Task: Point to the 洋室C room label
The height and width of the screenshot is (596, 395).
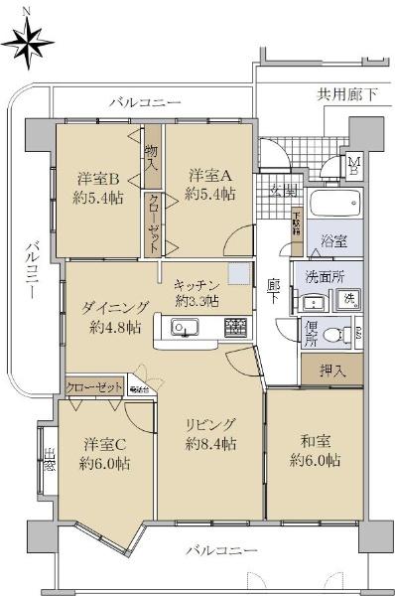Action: tap(103, 452)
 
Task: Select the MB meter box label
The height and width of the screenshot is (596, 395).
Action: tap(353, 166)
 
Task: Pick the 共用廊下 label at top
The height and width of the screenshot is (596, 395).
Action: tap(347, 94)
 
